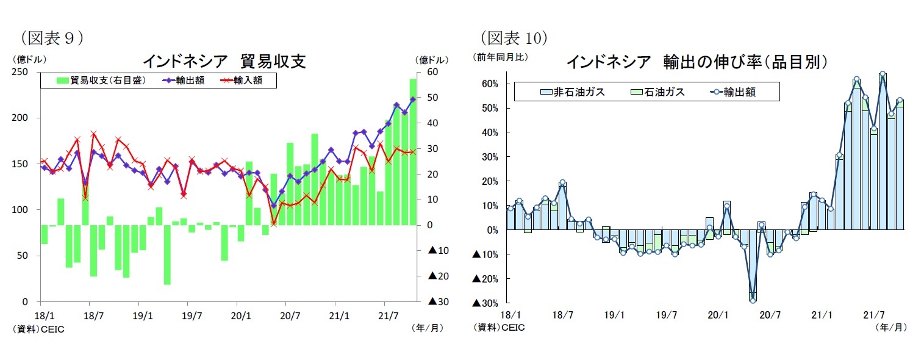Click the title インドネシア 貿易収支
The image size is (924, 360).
click(x=224, y=61)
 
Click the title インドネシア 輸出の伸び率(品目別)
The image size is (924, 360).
click(x=697, y=62)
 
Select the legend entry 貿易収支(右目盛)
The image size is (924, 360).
click(x=101, y=80)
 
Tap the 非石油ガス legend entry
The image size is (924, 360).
click(x=572, y=92)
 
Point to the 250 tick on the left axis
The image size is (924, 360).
click(x=24, y=72)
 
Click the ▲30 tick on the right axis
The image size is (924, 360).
click(x=439, y=301)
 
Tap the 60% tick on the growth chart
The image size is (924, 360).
click(x=491, y=84)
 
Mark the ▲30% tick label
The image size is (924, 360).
click(x=487, y=303)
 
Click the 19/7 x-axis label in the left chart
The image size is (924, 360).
click(x=191, y=317)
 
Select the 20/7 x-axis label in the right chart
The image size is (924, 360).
click(x=769, y=315)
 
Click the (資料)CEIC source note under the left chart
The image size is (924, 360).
click(x=38, y=329)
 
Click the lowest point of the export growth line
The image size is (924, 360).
click(x=753, y=300)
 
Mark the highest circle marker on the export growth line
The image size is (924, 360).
click(x=882, y=74)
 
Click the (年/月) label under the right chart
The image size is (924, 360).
click(x=891, y=328)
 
